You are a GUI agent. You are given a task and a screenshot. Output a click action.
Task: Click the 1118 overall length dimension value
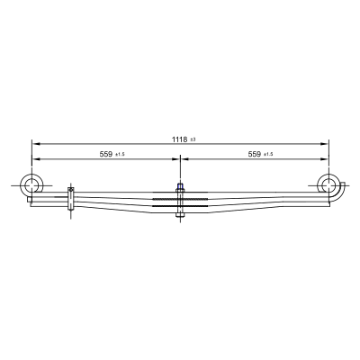[x=179, y=139]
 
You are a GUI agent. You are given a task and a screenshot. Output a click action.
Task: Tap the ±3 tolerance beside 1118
[x=193, y=139]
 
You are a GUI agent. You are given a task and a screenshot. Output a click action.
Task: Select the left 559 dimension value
[x=106, y=154]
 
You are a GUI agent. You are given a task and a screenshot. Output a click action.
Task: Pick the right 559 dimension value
[x=255, y=154]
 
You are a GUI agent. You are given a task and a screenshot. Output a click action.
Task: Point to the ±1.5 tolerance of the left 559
[x=120, y=155]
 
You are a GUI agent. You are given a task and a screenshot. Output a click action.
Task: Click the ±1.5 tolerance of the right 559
[x=268, y=155]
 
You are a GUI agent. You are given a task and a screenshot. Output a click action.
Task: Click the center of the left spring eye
[x=31, y=185]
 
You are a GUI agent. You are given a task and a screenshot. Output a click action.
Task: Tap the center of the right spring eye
[x=328, y=185]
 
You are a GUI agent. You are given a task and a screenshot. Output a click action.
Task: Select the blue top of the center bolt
[x=180, y=186]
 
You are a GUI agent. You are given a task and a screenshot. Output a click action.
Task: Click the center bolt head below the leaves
[x=180, y=215]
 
